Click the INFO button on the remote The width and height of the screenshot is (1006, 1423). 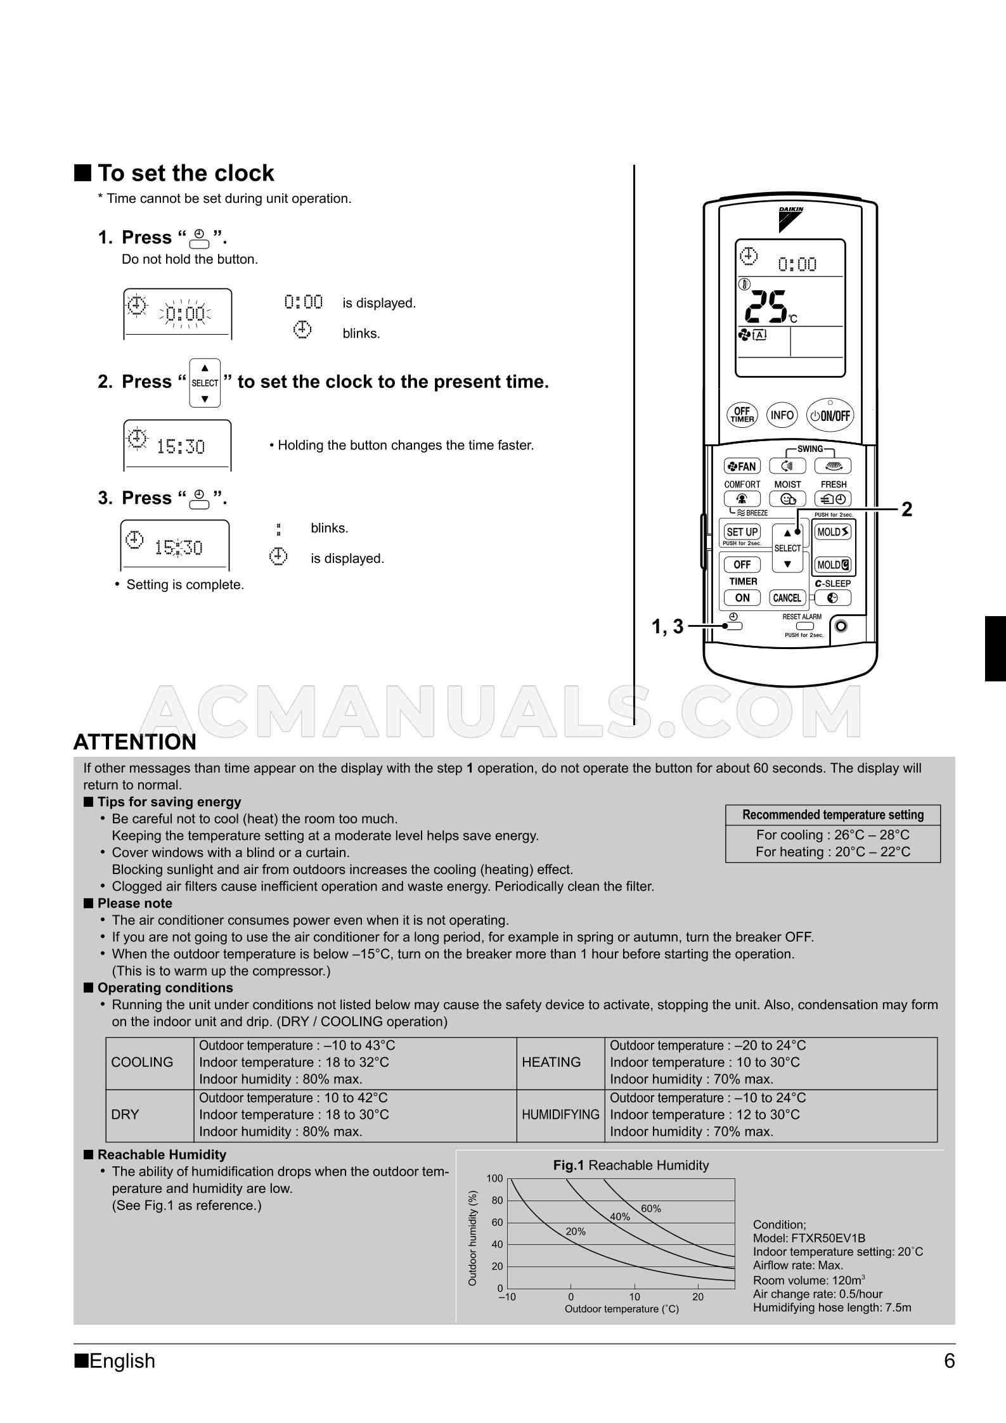(x=782, y=415)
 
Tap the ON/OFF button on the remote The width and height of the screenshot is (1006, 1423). (x=830, y=415)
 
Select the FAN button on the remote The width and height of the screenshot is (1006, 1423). (x=742, y=467)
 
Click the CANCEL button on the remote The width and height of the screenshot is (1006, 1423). (x=787, y=598)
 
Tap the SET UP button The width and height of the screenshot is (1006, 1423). (x=742, y=532)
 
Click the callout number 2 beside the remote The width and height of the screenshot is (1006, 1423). (x=906, y=510)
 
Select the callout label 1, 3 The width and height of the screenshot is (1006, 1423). (x=667, y=627)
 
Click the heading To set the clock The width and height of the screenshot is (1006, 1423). (x=185, y=173)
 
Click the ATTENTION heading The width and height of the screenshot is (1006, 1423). (x=135, y=742)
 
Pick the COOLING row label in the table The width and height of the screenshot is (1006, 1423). (x=142, y=1062)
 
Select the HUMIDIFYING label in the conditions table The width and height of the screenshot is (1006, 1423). (x=560, y=1115)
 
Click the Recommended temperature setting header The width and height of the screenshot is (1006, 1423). (x=832, y=815)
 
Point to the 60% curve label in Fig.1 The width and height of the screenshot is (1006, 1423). (x=650, y=1209)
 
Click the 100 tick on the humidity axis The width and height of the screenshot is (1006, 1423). (x=494, y=1178)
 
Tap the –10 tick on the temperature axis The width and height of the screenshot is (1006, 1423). (x=507, y=1297)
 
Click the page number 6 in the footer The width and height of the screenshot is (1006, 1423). (x=949, y=1361)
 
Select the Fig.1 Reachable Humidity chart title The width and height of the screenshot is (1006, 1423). (x=631, y=1165)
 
